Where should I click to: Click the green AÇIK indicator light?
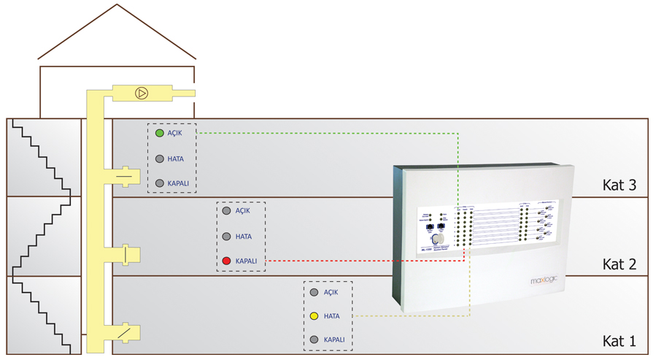tap(160, 134)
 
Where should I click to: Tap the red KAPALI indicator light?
tap(226, 261)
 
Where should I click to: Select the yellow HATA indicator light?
tap(314, 316)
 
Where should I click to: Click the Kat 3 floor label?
tap(620, 185)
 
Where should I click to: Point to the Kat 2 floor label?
tap(620, 264)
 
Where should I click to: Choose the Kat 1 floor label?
tap(620, 341)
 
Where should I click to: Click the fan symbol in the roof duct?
tap(142, 93)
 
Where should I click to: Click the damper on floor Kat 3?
tap(126, 177)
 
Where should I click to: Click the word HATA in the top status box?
tap(175, 159)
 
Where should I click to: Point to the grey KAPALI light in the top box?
tap(160, 183)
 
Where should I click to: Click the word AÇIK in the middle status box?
tap(243, 211)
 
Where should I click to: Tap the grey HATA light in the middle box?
tap(226, 237)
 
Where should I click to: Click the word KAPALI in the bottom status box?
tap(333, 340)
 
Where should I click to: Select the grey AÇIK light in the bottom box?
tap(314, 292)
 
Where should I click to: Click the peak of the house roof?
tap(117, 5)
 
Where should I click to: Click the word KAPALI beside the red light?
tap(246, 261)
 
